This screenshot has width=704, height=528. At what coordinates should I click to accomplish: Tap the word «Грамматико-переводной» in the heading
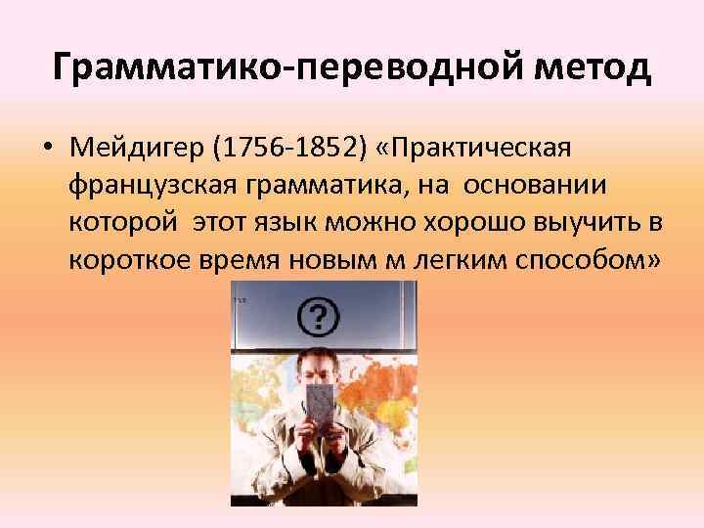tap(273, 67)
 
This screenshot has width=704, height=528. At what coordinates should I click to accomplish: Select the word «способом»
tap(594, 260)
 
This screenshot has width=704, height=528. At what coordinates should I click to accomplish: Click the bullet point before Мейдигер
tap(47, 149)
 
